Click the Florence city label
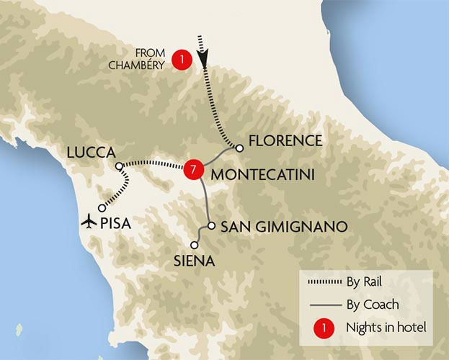coord(286,140)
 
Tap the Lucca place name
coord(91,153)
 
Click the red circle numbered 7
coord(191,169)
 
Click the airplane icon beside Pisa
coord(90,220)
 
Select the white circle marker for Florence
coord(239,148)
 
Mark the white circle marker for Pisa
coord(102,207)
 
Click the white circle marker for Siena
coord(194,245)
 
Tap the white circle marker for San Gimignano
coord(210,226)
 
